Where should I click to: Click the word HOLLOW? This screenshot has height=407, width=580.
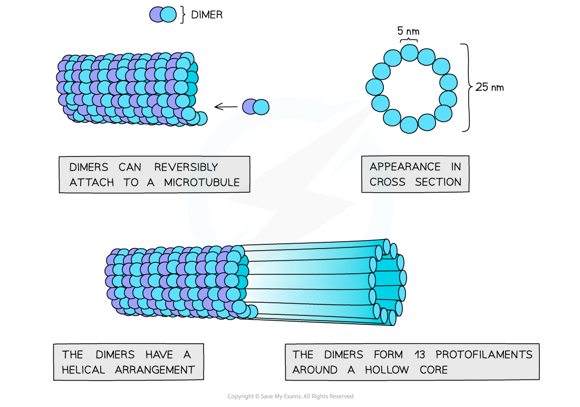[386, 370]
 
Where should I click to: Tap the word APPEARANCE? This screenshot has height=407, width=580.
[405, 167]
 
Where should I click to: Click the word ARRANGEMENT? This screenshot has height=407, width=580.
[155, 370]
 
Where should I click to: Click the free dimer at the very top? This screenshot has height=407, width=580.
[162, 14]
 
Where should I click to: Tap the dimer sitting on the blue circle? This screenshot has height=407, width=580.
[256, 107]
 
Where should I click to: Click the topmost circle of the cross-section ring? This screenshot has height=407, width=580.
[410, 53]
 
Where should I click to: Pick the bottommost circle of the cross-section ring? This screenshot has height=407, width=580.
[409, 125]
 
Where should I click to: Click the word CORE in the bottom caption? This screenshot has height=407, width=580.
[434, 370]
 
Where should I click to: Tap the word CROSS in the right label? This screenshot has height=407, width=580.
[388, 182]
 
